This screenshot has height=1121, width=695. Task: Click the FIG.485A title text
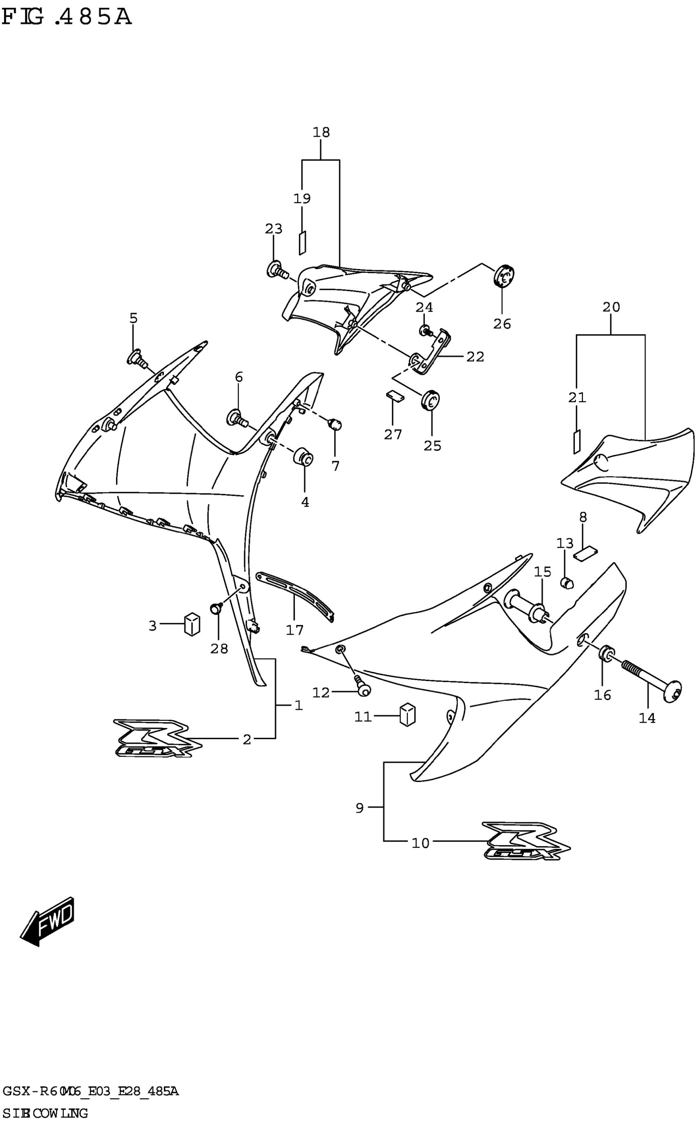pyautogui.click(x=67, y=18)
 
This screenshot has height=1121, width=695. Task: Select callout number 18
pyautogui.click(x=321, y=133)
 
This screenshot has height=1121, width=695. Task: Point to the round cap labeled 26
pyautogui.click(x=504, y=275)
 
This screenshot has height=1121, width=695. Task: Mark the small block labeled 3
pyautogui.click(x=192, y=624)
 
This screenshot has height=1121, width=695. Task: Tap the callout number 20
pyautogui.click(x=611, y=307)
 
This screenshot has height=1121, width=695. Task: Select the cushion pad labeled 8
pyautogui.click(x=585, y=553)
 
